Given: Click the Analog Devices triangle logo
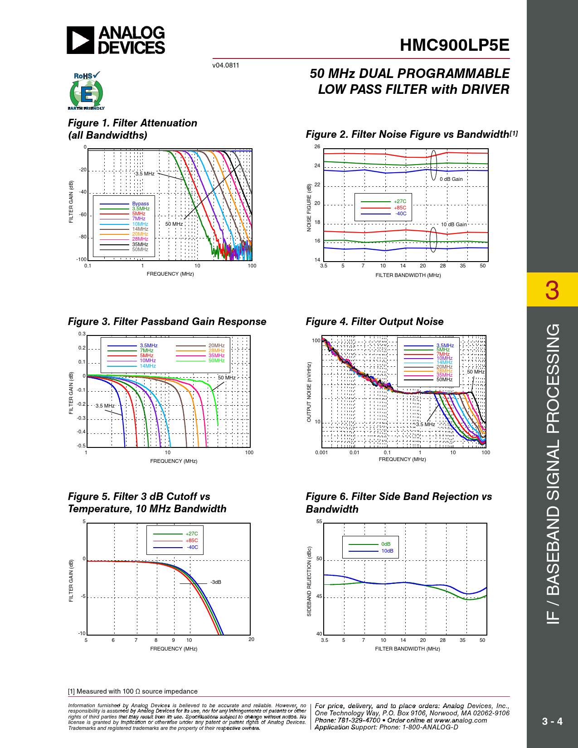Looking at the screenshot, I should click(x=81, y=40).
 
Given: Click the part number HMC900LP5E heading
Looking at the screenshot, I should click(x=454, y=45).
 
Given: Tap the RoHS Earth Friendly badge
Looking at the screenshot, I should click(x=86, y=91).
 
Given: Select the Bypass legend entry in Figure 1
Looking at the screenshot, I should click(x=140, y=204).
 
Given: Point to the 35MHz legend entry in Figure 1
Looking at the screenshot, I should click(x=140, y=244).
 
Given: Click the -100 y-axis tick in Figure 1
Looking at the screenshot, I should click(x=82, y=259).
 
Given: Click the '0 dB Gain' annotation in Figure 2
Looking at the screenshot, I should click(x=451, y=179).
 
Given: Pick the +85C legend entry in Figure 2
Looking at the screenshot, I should click(x=400, y=208).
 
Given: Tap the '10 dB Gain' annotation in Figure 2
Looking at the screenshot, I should click(x=454, y=224).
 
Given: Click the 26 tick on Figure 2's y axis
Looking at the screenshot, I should click(x=317, y=147).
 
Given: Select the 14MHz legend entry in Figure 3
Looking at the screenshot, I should click(x=147, y=366).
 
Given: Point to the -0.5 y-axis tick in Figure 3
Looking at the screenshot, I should click(x=81, y=446).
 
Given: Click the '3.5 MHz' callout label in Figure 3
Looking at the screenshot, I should click(x=105, y=406).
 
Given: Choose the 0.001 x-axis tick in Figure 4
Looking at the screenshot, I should click(x=321, y=452).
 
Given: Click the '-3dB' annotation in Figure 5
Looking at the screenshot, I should click(x=216, y=582).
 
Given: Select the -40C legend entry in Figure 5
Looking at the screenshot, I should click(x=192, y=547).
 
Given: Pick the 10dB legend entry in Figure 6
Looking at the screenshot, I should click(x=387, y=551).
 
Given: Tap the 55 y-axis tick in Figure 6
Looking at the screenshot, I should click(x=319, y=522).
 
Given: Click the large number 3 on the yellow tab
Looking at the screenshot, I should click(x=552, y=290).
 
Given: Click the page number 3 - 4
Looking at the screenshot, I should click(x=552, y=721).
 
